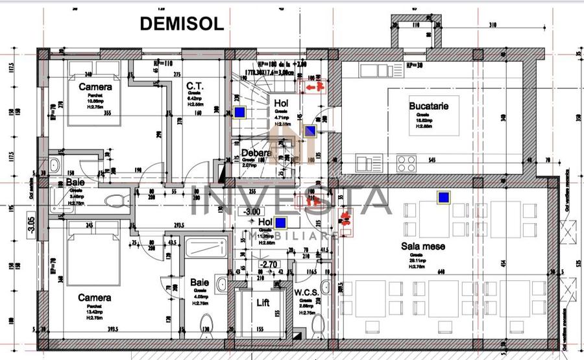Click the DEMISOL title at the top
pos(182,23)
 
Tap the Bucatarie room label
pos(429,106)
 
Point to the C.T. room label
pos(195,86)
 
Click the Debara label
pos(256,154)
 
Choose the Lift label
pos(263,302)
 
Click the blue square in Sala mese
pos(444,197)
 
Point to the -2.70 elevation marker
pos(269,265)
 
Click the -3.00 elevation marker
pos(251,211)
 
